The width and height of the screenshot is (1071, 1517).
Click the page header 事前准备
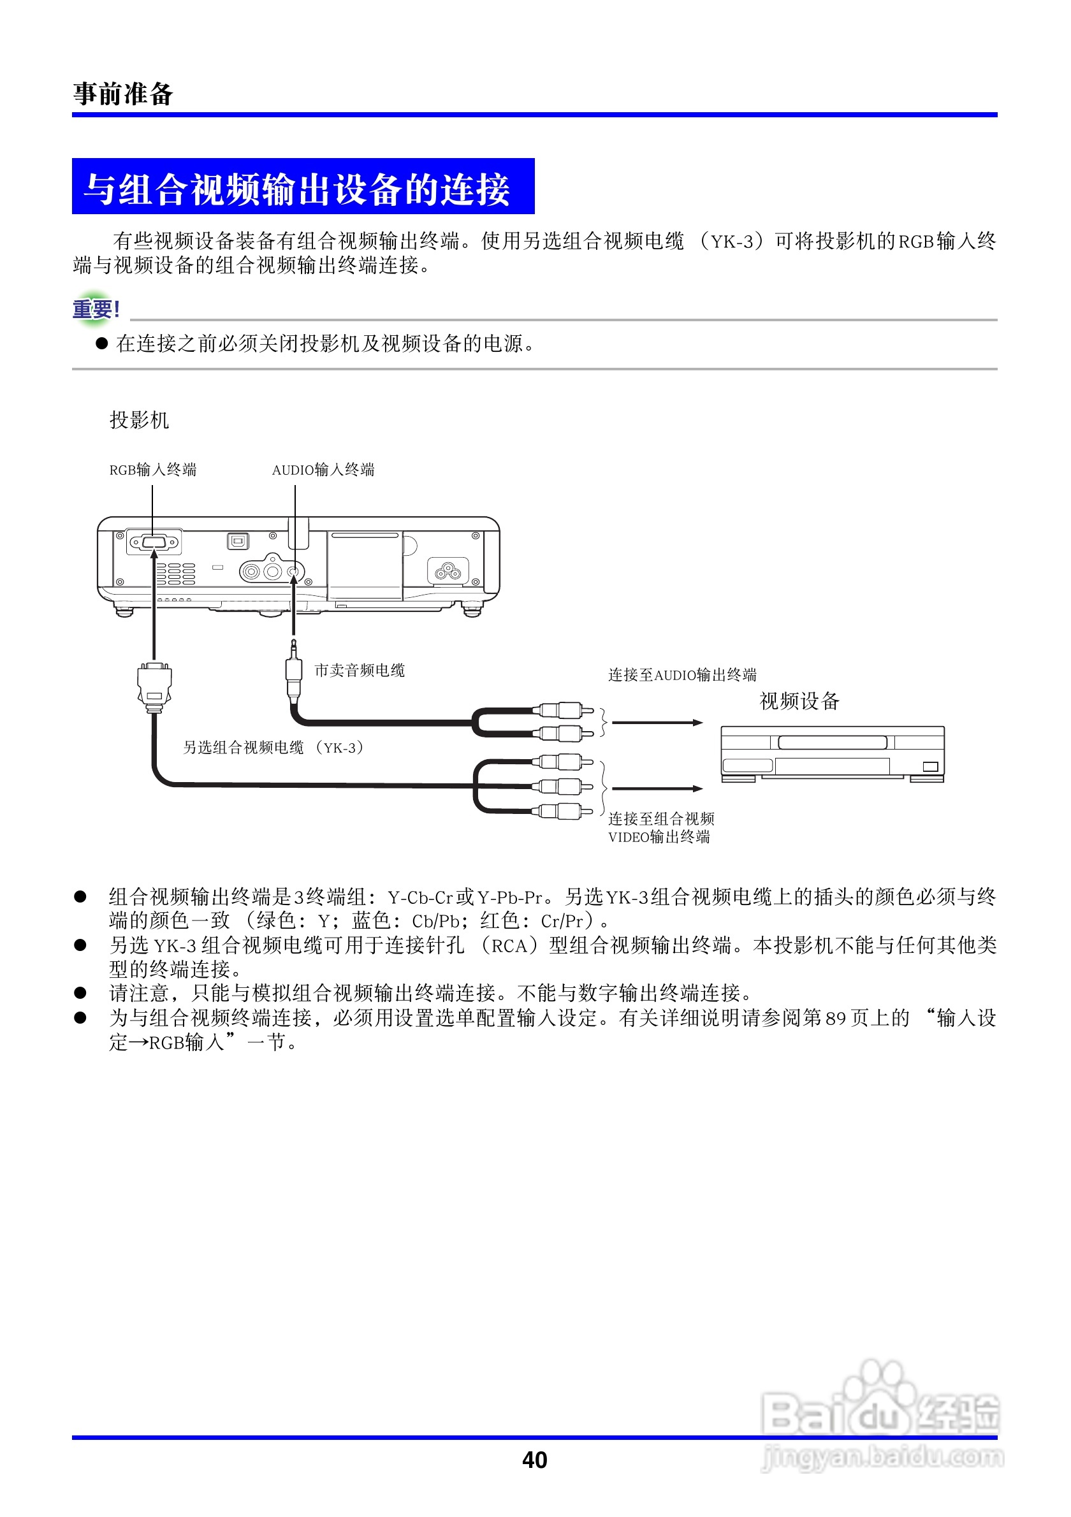(123, 94)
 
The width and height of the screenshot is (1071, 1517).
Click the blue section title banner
(303, 187)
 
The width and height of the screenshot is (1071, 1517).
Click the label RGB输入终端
(152, 470)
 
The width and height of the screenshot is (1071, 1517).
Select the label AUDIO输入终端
(323, 470)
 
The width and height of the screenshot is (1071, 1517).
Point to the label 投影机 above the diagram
(139, 419)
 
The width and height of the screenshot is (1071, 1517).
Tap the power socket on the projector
(448, 570)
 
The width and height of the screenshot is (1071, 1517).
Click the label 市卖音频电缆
(360, 671)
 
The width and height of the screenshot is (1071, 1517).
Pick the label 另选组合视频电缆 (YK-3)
(273, 747)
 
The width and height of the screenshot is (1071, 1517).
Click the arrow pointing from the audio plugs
(657, 722)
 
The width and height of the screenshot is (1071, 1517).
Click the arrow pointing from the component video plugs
(657, 788)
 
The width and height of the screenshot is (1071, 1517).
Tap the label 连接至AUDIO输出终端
(682, 674)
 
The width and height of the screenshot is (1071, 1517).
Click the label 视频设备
(799, 701)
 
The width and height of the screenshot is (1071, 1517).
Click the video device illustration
(832, 754)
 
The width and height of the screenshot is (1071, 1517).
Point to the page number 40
(534, 1460)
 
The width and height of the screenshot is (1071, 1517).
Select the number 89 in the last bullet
(835, 1018)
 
